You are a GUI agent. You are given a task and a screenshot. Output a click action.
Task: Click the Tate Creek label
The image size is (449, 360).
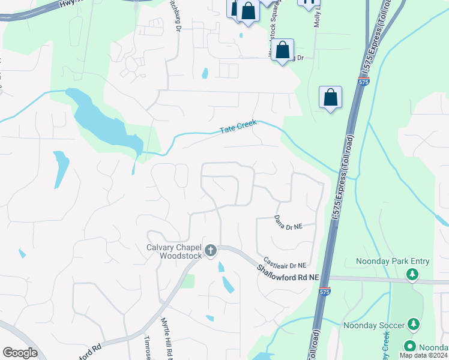[238, 127]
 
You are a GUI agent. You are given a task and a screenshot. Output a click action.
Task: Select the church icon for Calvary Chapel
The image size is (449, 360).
[210, 251]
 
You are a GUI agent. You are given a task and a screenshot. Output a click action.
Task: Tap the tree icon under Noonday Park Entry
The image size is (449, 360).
[412, 275]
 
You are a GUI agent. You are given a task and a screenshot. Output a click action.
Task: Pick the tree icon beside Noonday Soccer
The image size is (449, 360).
[413, 325]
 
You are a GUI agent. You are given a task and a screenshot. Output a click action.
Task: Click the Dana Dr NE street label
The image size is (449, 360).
[288, 223]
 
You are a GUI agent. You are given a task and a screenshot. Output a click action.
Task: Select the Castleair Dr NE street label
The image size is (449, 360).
[285, 265]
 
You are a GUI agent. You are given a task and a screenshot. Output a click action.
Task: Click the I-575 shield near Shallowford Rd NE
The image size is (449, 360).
[325, 292]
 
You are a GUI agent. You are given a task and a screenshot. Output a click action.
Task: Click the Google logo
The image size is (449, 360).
[20, 353]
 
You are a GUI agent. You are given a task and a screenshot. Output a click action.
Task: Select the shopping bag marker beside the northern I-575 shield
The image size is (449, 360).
[330, 97]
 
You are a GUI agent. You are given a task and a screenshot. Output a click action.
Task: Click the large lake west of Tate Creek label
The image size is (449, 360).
[102, 120]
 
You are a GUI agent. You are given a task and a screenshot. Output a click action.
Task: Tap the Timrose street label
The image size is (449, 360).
[147, 347]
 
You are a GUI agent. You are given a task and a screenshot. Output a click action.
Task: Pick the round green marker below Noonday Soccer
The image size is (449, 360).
[411, 347]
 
